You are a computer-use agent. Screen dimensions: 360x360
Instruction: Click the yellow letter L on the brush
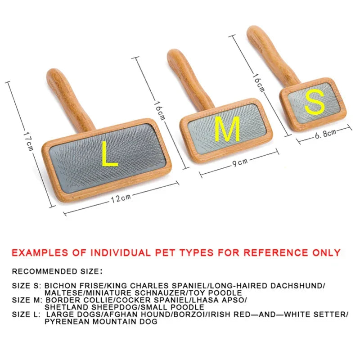[x=109, y=153]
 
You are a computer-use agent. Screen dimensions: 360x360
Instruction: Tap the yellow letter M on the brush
[x=227, y=129]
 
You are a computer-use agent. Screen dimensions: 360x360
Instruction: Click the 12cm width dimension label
[x=121, y=198]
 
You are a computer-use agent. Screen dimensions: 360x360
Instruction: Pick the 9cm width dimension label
[x=240, y=162]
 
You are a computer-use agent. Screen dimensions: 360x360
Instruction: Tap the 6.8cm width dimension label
[x=325, y=134]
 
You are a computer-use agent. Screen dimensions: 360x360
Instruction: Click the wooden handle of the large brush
[x=69, y=99]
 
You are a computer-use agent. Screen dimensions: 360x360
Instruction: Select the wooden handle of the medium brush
[x=188, y=78]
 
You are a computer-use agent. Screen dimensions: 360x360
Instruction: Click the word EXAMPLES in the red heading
[x=40, y=253]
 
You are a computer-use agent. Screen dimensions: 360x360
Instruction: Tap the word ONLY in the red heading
[x=326, y=252]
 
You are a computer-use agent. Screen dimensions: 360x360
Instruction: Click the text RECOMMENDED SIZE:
[x=57, y=271]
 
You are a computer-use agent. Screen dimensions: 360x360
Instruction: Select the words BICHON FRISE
[x=73, y=286]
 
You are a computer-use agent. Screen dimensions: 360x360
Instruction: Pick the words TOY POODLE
[x=225, y=293]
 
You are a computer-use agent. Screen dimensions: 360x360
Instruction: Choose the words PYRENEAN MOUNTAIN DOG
[x=101, y=322]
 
